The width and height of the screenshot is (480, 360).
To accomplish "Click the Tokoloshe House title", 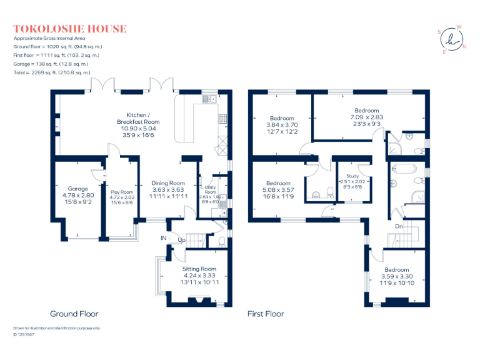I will pos(70,29).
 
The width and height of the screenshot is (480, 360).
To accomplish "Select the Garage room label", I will pos(78,189).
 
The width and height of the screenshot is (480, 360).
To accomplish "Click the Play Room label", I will pos(122,192).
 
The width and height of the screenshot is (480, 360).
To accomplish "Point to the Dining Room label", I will pos(169,183).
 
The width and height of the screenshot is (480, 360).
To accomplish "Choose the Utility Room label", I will pos(209,189).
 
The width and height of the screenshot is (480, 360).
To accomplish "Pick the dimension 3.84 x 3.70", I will pos(282,124).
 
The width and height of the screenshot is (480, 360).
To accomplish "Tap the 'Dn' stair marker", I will pos(398,226).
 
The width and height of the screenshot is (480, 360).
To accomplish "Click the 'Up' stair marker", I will pos(182,240).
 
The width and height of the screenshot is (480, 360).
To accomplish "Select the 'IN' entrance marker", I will pos(163,238).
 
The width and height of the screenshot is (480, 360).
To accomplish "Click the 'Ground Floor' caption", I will pos(72,314).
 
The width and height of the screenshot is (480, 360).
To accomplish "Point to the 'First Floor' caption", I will pos(266,314).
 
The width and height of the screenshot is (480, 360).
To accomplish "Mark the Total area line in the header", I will pos(52,72).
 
